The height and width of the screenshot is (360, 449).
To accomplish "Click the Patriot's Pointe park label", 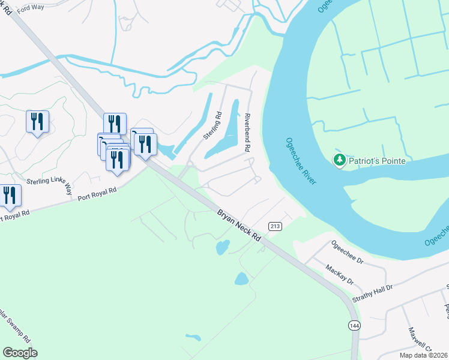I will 379,161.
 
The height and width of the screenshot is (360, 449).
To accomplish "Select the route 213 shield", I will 276,225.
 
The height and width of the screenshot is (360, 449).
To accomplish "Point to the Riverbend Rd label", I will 247,133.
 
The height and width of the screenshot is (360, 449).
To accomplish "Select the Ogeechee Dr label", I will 348,253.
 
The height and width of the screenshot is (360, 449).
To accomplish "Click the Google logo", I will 20,352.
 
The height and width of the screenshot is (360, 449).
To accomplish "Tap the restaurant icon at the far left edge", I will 9,196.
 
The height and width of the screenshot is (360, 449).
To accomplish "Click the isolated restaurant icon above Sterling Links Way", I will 37,121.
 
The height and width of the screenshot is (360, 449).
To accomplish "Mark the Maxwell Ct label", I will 421,339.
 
